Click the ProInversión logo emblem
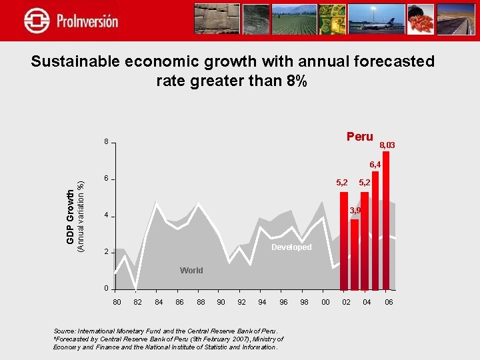tap(37, 21)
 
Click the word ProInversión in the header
tap(87, 21)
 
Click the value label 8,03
tap(387, 145)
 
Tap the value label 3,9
tap(355, 211)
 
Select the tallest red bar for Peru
tap(385, 220)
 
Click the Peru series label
tap(359, 137)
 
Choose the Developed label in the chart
tap(291, 247)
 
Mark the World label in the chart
tap(191, 271)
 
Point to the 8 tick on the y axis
tap(105, 143)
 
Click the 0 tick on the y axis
tap(105, 289)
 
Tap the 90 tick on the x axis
tap(221, 303)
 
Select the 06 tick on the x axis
tap(389, 303)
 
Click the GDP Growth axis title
tap(71, 216)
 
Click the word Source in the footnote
tap(64, 331)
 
